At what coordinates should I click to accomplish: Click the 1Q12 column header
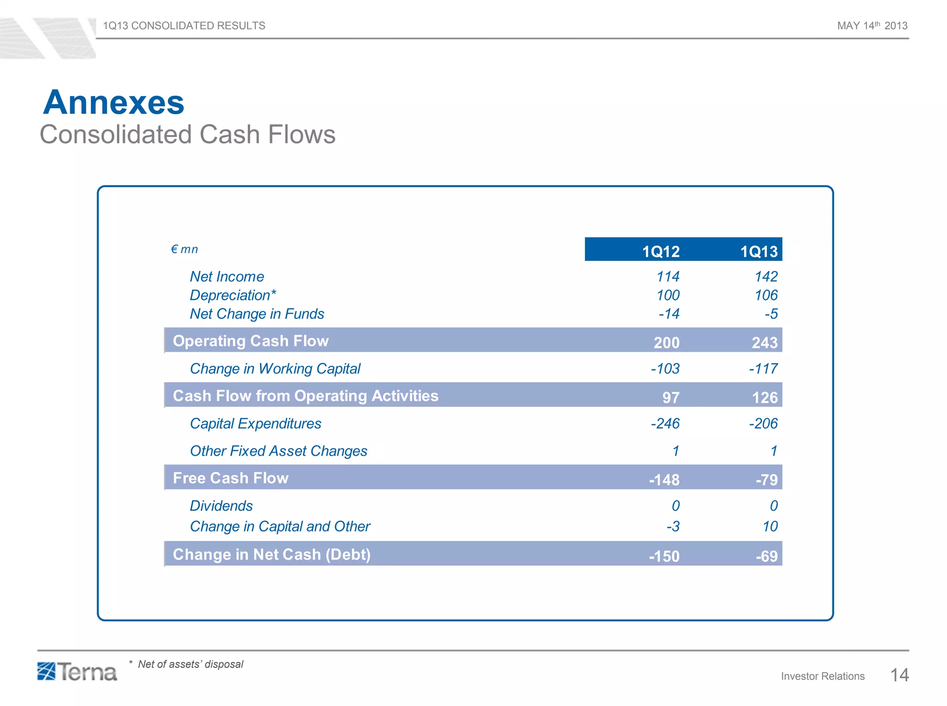point(660,252)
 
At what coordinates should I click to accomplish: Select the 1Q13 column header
point(758,252)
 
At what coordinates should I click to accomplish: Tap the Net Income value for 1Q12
point(668,276)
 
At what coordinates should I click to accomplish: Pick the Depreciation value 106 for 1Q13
point(766,295)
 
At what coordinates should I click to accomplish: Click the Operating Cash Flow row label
point(250,341)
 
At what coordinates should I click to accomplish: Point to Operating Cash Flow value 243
point(764,343)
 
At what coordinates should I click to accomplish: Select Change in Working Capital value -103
point(665,368)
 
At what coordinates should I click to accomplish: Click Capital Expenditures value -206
point(763,423)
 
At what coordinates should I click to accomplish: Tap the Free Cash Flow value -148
point(664,479)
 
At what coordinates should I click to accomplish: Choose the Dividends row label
point(221,506)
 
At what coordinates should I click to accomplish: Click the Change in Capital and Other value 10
point(770,526)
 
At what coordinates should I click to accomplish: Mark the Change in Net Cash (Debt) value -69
point(766,556)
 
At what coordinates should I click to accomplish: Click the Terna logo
point(77,672)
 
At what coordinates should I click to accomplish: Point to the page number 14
point(899,675)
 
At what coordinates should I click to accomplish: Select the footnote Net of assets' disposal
point(190,664)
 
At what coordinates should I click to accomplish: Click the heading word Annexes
point(114,102)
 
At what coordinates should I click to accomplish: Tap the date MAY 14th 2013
point(872,26)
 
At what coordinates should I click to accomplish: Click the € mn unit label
point(184,249)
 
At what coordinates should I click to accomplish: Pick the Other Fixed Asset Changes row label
point(278,451)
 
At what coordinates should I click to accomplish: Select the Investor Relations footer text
point(822,676)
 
